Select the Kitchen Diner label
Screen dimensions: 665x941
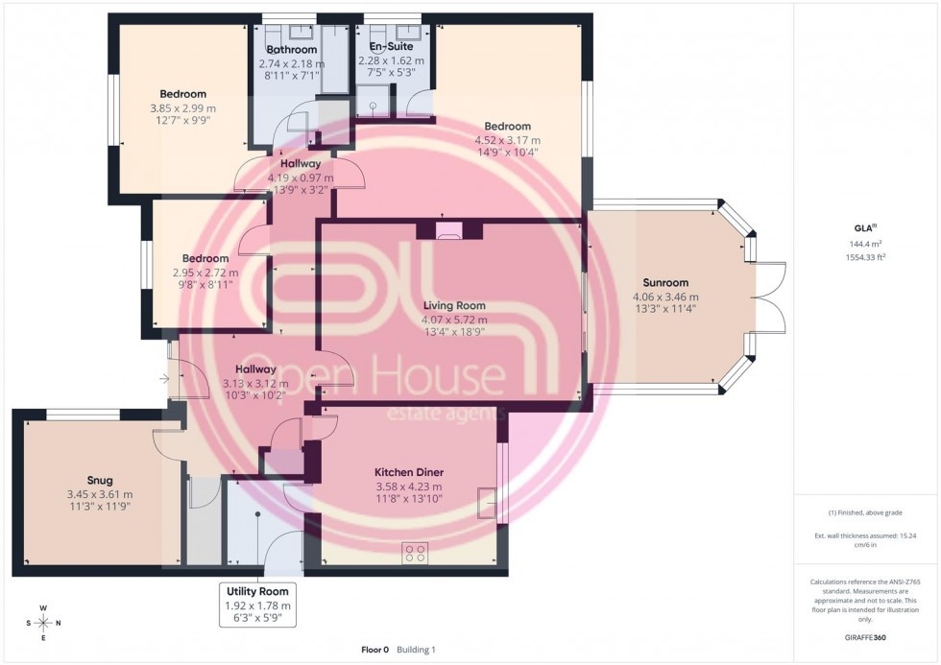(408, 472)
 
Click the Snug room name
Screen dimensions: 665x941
(99, 480)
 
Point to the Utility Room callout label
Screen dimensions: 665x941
(257, 591)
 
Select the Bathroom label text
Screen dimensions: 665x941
(292, 50)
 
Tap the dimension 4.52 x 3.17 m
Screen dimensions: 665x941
(507, 139)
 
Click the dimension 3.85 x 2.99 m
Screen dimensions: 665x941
(182, 107)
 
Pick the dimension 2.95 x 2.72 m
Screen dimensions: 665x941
(205, 273)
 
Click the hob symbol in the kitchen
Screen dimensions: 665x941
(417, 553)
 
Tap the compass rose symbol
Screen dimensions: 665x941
(43, 622)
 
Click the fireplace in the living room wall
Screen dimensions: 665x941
(448, 229)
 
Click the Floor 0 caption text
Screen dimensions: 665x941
(373, 650)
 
